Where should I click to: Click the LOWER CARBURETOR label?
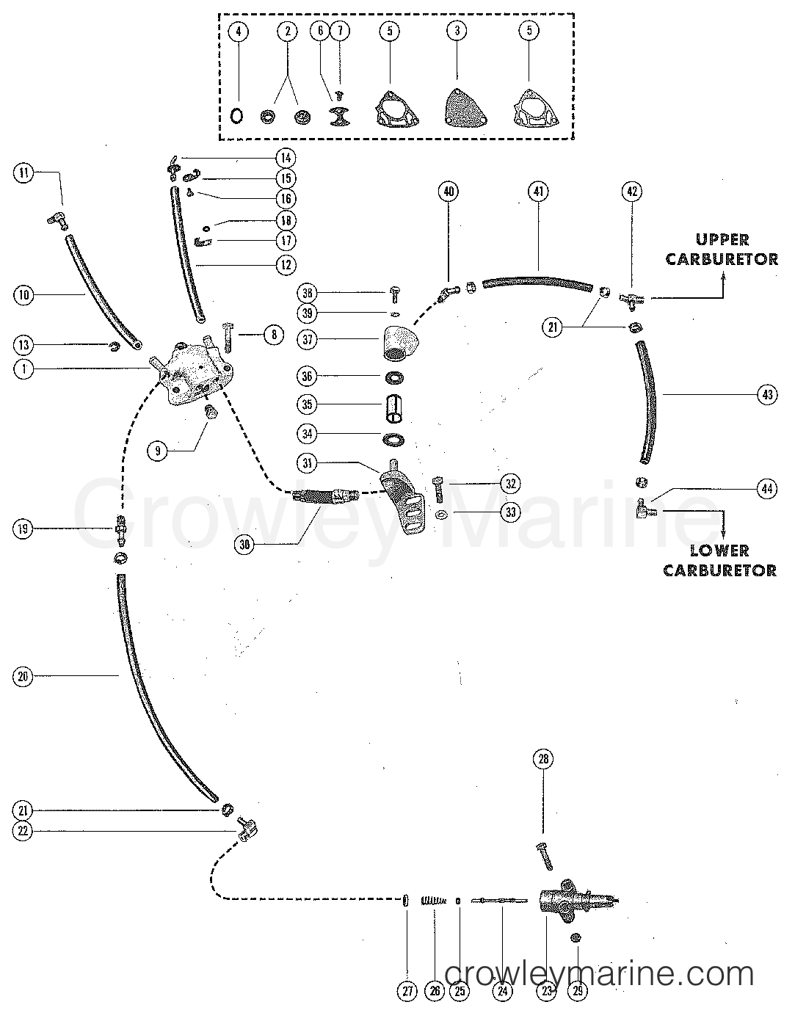[719, 560]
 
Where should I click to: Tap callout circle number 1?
[24, 370]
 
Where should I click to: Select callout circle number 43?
[768, 395]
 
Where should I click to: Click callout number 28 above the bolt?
[543, 760]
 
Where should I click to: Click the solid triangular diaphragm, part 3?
[457, 111]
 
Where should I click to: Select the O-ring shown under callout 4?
[237, 116]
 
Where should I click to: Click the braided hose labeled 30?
[324, 495]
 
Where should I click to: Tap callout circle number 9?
[158, 451]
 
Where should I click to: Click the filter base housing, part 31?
[402, 492]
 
